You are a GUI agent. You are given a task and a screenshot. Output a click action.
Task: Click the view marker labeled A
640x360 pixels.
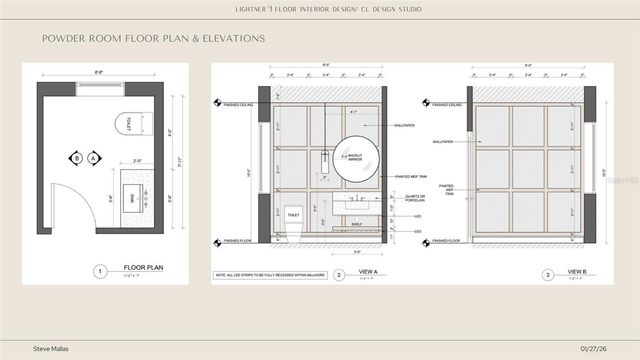pyautogui.click(x=93, y=157)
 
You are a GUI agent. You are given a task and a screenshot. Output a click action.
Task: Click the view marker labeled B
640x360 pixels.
pyautogui.click(x=75, y=157)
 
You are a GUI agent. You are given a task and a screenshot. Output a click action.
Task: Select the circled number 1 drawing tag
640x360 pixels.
pyautogui.click(x=99, y=271)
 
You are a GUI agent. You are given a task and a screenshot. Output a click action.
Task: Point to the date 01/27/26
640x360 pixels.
pyautogui.click(x=596, y=347)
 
